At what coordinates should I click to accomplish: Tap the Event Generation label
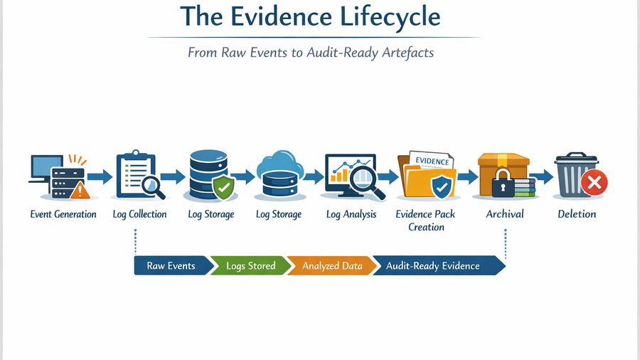point(63,214)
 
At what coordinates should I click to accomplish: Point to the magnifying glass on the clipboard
point(152,186)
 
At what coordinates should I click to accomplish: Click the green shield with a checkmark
point(223,189)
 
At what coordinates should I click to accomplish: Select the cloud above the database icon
point(279,163)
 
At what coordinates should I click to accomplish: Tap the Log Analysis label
point(351,214)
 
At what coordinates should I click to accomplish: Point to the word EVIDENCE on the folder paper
point(431,162)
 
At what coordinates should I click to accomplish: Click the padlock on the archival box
point(503,184)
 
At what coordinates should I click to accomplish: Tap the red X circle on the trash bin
point(593,184)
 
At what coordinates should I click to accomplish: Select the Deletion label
point(577,214)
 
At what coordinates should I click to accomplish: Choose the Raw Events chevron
point(171,266)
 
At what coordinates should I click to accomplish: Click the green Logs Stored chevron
point(251,266)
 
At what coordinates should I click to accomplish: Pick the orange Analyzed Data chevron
point(331,266)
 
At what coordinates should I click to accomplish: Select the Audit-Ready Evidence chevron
point(434,266)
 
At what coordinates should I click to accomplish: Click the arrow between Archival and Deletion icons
point(540,176)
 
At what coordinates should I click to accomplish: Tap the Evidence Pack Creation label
point(426,221)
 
